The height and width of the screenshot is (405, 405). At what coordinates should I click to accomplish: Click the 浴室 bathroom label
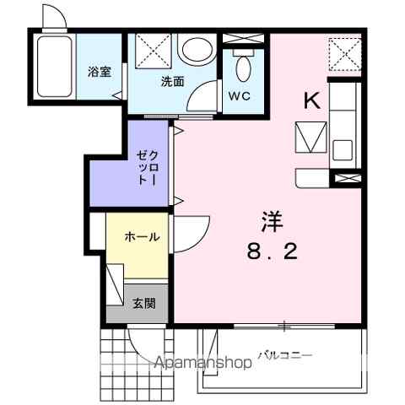pyautogui.click(x=100, y=72)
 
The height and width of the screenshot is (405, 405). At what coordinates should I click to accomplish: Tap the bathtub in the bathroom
pyautogui.click(x=54, y=67)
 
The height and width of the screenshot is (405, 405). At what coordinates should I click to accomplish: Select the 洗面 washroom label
pyautogui.click(x=172, y=82)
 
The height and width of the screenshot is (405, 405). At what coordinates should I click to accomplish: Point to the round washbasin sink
pyautogui.click(x=197, y=50)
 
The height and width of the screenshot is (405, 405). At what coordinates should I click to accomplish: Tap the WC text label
pyautogui.click(x=240, y=96)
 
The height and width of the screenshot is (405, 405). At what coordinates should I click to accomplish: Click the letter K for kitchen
pyautogui.click(x=312, y=101)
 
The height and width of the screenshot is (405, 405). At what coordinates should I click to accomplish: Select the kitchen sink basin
pyautogui.click(x=343, y=150)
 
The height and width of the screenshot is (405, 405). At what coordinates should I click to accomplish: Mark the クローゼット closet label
pyautogui.click(x=148, y=168)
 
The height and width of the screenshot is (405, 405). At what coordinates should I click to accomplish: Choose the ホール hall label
pyautogui.click(x=142, y=237)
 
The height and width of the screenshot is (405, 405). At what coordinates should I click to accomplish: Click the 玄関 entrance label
pyautogui.click(x=144, y=304)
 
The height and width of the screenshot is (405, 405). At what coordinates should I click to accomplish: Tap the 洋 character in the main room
pyautogui.click(x=272, y=221)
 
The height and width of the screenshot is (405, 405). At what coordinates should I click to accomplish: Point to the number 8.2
pyautogui.click(x=272, y=251)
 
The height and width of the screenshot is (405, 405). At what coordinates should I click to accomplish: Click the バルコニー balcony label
pyautogui.click(x=285, y=355)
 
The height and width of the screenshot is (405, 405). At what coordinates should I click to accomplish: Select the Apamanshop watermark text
pyautogui.click(x=203, y=363)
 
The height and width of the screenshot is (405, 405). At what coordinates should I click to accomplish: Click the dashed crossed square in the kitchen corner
pyautogui.click(x=345, y=55)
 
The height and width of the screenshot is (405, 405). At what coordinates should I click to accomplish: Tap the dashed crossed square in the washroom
pyautogui.click(x=154, y=51)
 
